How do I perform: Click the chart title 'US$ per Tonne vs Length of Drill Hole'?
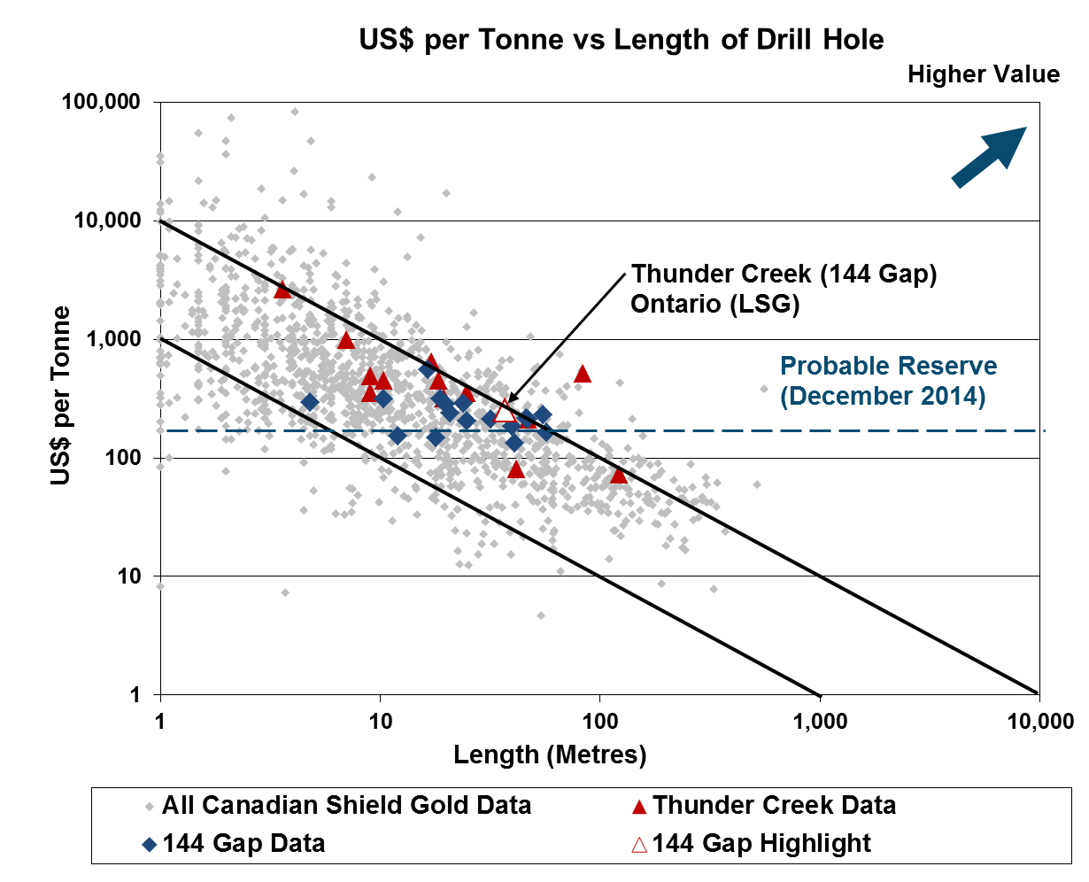tap(621, 40)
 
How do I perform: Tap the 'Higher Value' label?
tap(983, 74)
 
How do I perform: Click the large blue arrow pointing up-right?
tap(989, 158)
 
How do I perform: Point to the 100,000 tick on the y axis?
tap(101, 103)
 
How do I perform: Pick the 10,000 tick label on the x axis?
tap(1038, 722)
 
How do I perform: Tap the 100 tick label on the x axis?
tap(599, 722)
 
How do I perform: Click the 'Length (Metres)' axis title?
tap(550, 755)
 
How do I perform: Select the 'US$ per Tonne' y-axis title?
tap(59, 396)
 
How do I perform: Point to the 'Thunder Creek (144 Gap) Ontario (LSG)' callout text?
tap(783, 289)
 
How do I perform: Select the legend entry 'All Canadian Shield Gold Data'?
tap(346, 806)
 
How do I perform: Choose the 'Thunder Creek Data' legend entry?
tap(774, 806)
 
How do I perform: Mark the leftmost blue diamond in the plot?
tap(310, 402)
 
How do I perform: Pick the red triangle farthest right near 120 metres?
tap(618, 476)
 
